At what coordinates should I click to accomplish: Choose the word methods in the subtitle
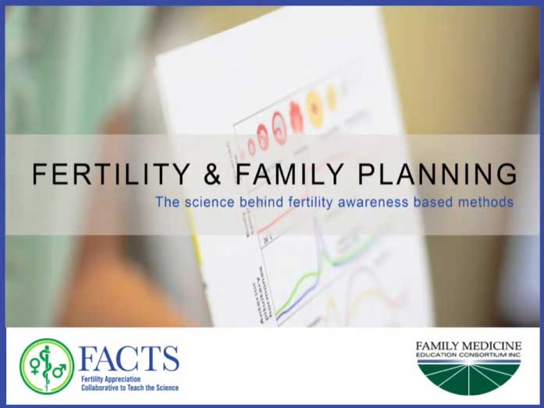pos(485,201)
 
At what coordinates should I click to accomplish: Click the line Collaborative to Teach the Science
pos(129,387)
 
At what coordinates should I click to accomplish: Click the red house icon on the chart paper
pos(296,115)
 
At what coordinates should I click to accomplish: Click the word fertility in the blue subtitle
pos(300,201)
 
